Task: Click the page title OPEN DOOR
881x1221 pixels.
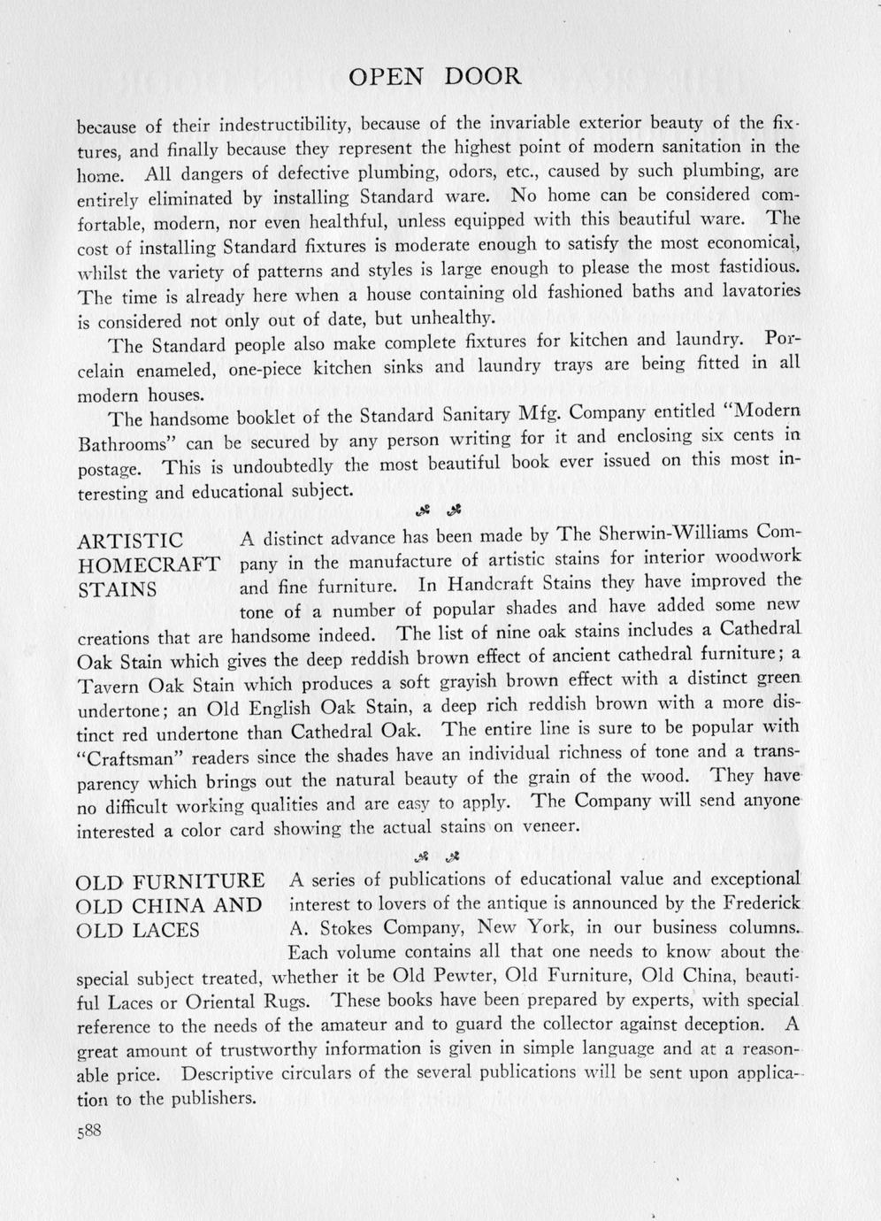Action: click(x=434, y=77)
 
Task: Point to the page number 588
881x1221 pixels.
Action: click(x=90, y=1132)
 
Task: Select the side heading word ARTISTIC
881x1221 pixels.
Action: click(x=131, y=541)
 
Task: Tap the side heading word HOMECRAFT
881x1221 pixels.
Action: click(x=149, y=565)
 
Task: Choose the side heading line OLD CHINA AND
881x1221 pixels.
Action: click(x=169, y=906)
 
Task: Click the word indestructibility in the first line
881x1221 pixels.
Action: click(x=285, y=123)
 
